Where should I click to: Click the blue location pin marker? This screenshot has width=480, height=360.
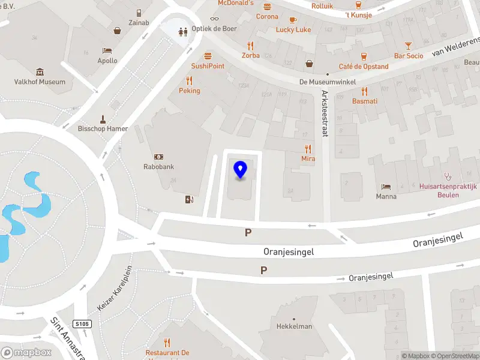(x=241, y=170)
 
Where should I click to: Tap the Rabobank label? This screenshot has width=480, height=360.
(x=158, y=167)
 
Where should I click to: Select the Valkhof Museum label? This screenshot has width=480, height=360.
(x=40, y=82)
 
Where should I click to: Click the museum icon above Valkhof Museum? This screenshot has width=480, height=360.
(x=40, y=71)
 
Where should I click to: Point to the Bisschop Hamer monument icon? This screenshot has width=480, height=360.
(x=103, y=118)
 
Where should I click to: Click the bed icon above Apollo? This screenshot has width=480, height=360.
(x=107, y=50)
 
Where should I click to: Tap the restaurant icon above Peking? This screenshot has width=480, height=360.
(x=190, y=80)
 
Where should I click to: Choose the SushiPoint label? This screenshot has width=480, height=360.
(x=208, y=66)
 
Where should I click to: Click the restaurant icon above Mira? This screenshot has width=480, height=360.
(x=308, y=149)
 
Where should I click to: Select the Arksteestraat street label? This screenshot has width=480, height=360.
(x=325, y=113)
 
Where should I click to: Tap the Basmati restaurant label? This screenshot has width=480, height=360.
(x=365, y=101)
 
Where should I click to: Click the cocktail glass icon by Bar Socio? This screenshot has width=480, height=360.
(x=408, y=46)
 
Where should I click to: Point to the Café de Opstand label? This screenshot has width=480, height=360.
(x=364, y=67)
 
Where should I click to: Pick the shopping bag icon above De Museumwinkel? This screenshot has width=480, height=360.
(x=310, y=63)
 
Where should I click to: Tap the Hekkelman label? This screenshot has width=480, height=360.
(x=294, y=326)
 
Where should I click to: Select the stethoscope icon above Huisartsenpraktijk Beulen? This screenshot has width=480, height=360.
(x=447, y=176)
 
